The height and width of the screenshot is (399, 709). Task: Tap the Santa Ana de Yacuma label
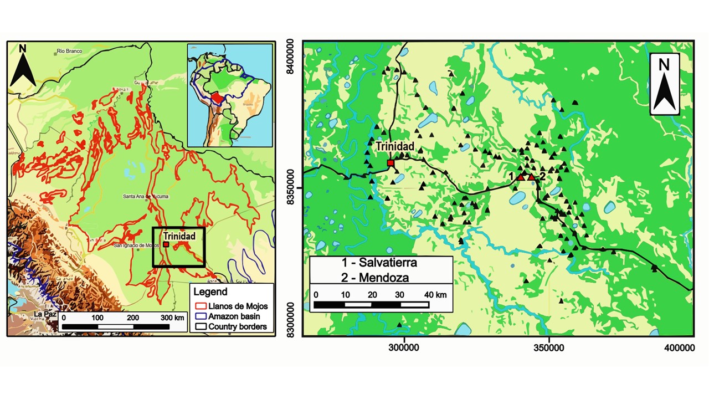[146, 197]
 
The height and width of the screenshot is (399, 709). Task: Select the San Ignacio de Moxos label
[136, 245]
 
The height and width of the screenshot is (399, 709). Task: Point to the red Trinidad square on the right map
[391, 163]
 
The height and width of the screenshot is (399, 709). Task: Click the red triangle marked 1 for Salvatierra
[521, 177]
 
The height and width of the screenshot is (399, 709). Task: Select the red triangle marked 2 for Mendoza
[532, 177]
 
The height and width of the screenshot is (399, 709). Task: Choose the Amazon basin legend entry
[234, 316]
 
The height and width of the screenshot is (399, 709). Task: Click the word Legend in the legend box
[210, 292]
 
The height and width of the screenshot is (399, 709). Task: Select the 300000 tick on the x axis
[404, 347]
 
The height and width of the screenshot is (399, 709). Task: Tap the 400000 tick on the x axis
[679, 347]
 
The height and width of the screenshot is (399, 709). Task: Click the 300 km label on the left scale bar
[172, 318]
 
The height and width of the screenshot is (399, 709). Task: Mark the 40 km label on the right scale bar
[436, 295]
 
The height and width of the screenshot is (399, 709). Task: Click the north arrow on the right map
[664, 84]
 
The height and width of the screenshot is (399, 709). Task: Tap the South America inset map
[230, 95]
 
